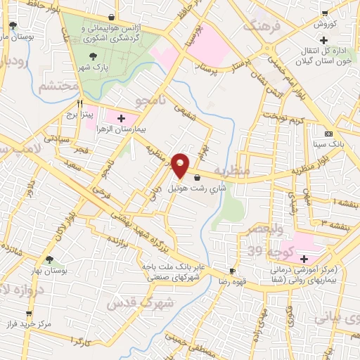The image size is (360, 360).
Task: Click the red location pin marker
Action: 180,165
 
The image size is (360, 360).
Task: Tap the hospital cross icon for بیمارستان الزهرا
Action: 122,118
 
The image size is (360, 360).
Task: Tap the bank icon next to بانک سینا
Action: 328,134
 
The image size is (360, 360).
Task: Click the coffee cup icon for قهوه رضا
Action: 232,271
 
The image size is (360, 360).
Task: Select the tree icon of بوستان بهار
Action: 49,259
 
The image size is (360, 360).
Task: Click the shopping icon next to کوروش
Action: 326,13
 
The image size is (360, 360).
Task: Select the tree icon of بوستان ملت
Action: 13,26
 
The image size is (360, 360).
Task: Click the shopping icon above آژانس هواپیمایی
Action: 112,17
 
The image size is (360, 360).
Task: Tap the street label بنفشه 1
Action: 340,202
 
